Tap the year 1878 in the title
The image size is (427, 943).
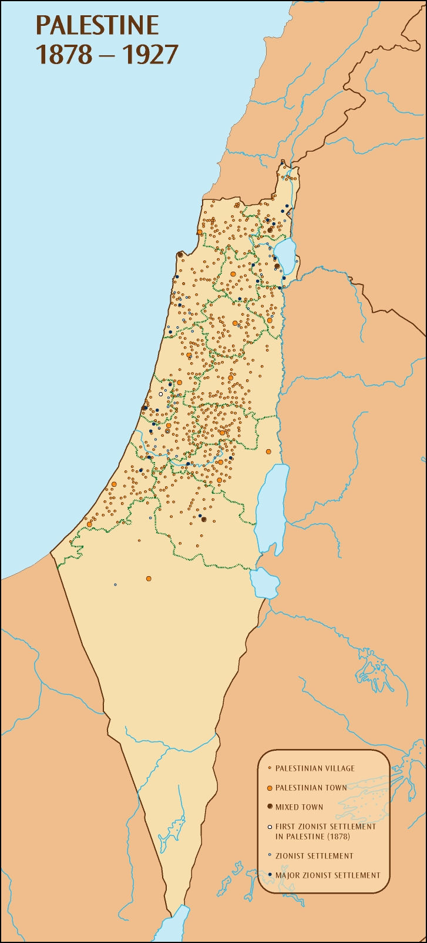64,55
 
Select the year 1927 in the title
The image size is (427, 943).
149,55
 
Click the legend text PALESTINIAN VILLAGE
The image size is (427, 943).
315,768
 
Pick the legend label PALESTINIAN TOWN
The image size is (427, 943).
311,788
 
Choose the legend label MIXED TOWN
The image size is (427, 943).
299,807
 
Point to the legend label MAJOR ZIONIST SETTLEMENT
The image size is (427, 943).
328,875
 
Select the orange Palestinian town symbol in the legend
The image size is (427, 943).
269,787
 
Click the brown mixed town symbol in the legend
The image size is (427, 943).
269,807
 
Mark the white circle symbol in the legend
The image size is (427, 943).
269,827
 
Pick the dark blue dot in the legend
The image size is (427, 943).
269,875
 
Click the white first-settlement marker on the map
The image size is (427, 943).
160,394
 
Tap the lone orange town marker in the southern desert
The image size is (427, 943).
149,578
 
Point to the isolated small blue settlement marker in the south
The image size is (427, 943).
115,584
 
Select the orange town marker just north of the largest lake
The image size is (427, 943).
268,452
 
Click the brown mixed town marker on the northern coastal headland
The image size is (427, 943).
179,255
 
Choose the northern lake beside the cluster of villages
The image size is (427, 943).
285,255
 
